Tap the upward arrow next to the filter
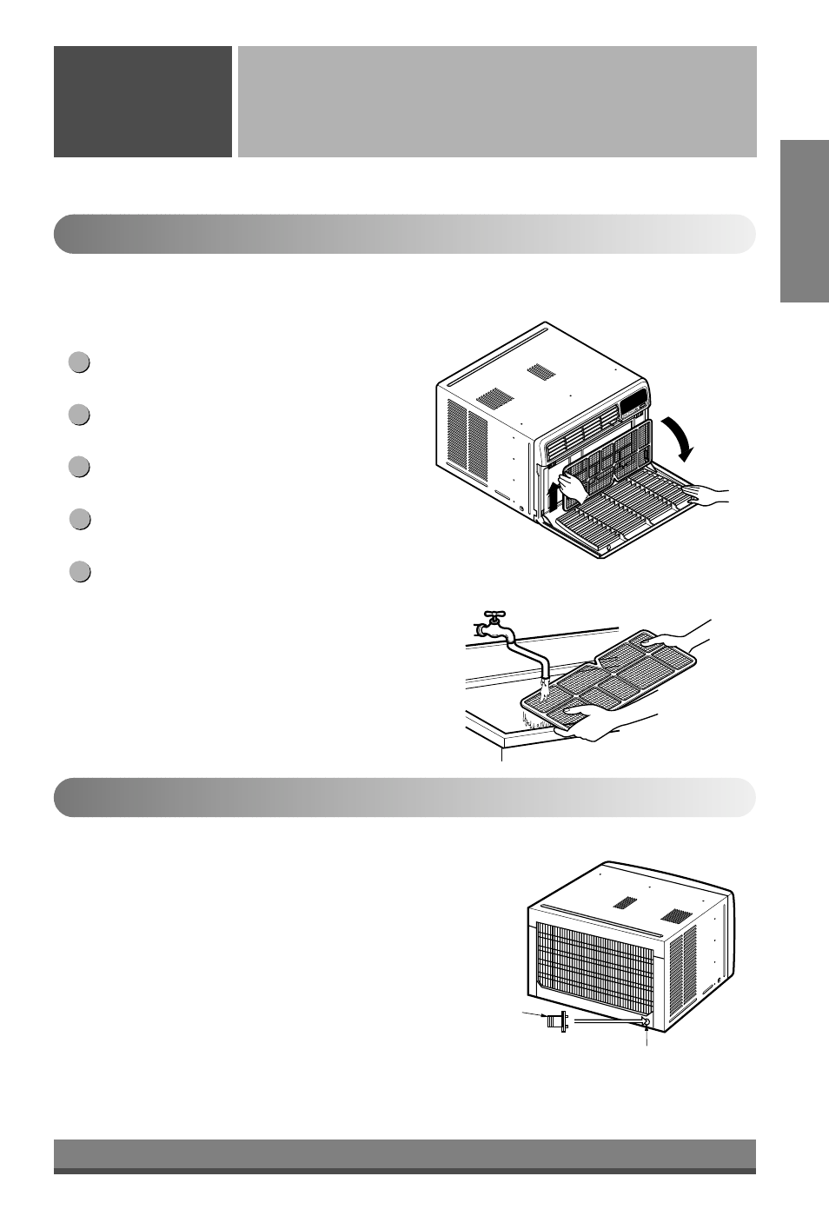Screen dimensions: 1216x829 [553, 499]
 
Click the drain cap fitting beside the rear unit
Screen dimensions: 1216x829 [554, 1021]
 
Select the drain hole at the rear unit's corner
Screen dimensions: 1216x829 [646, 1022]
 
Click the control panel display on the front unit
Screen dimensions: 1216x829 [632, 403]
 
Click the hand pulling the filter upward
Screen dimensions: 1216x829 [574, 486]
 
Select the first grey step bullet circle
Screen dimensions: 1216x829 [79, 362]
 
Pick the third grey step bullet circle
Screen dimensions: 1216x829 [79, 467]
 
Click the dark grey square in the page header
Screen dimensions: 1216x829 [143, 102]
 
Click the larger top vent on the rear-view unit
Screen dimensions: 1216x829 [674, 916]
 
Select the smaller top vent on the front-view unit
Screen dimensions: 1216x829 [541, 371]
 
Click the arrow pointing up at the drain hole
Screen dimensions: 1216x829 [647, 1034]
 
